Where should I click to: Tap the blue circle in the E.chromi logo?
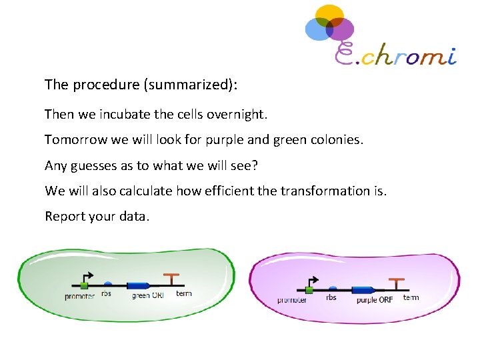coord(317,29)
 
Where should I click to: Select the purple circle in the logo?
coord(341,29)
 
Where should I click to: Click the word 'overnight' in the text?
coord(237,114)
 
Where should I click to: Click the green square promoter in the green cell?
coord(84,286)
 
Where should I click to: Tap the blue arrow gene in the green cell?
coord(137,285)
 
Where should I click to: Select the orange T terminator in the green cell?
coord(172,279)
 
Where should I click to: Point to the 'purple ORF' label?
coord(375,299)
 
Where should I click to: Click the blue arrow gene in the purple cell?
coord(363,290)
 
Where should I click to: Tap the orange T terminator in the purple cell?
coord(397,283)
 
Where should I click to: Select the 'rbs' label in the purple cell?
coord(331,298)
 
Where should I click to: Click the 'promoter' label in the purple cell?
coord(292,301)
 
